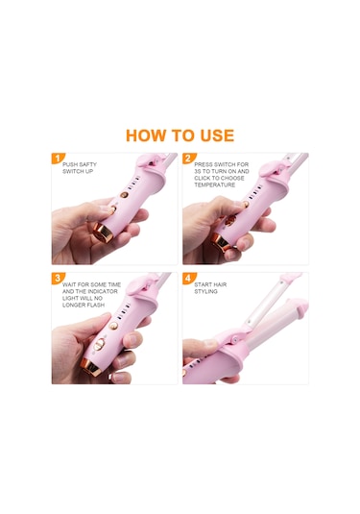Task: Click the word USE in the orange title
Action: click(217, 135)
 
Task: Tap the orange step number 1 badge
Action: click(58, 159)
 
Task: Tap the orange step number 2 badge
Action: click(188, 159)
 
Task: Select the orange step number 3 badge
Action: click(58, 279)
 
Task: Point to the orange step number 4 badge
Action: click(188, 279)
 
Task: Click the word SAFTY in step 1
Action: click(88, 164)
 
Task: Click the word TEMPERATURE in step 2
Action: click(214, 184)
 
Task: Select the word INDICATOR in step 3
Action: click(102, 291)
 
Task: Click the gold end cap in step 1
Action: click(103, 233)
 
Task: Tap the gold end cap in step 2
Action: click(220, 243)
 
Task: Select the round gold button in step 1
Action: click(124, 194)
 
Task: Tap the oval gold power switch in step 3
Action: click(99, 345)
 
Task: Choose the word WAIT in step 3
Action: click(69, 284)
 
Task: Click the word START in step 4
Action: click(203, 284)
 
